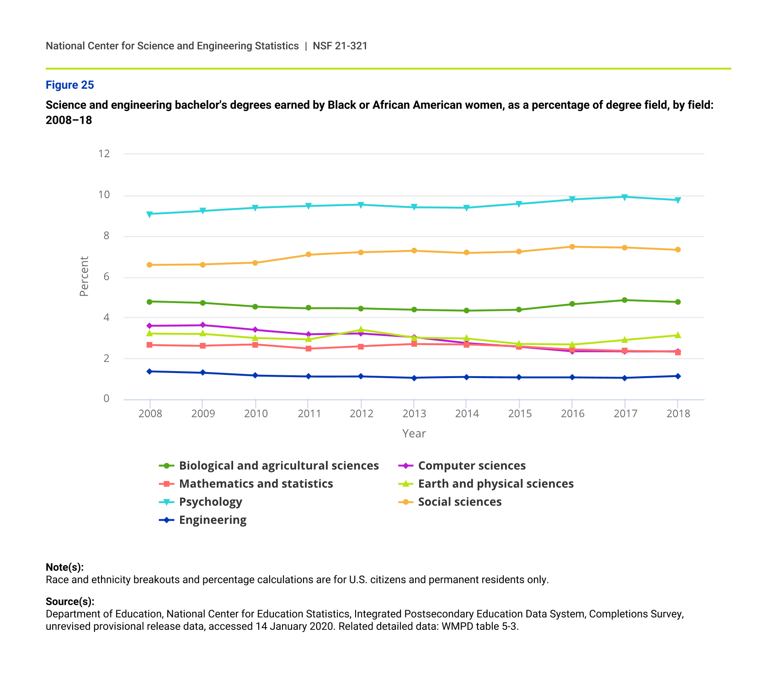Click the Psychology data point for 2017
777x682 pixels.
(625, 197)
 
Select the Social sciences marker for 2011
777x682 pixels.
(309, 255)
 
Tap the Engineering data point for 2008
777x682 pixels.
(149, 371)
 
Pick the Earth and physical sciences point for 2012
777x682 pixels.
(361, 330)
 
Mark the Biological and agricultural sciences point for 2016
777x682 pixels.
(572, 304)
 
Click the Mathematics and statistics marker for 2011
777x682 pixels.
(309, 349)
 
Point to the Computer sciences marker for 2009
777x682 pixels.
(202, 325)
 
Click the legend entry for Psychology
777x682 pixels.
(210, 502)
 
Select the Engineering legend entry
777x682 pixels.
(213, 520)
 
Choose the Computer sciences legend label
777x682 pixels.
(472, 466)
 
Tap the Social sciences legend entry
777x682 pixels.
(460, 502)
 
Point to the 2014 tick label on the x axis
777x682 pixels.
(467, 414)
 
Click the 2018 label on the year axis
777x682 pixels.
(678, 414)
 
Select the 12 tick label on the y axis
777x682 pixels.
(104, 154)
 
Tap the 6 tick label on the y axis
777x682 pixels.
(106, 277)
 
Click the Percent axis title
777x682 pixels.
(84, 276)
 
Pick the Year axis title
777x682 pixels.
(414, 433)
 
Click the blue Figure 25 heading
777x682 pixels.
(70, 85)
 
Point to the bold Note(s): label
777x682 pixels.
(64, 567)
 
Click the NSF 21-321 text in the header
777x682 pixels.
(340, 46)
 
